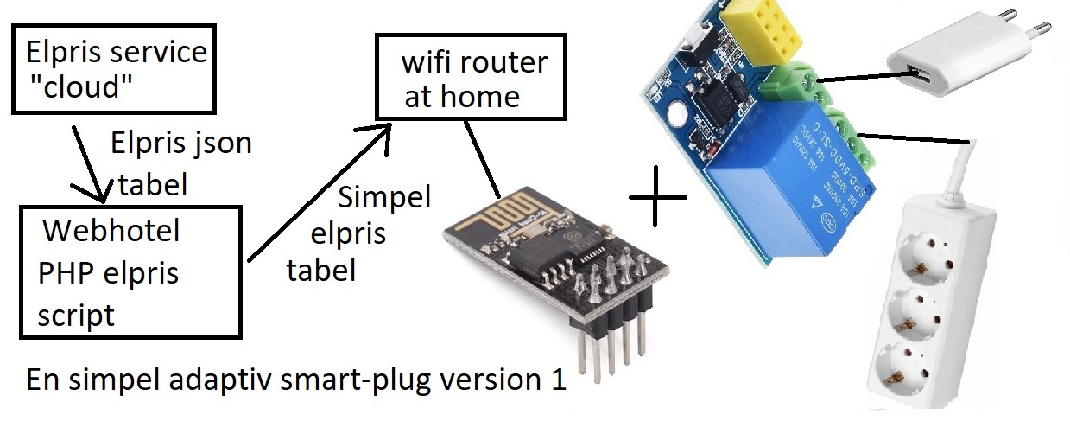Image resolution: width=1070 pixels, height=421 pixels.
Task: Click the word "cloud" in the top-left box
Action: click(x=80, y=86)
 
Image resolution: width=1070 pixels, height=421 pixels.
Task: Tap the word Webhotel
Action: click(x=111, y=231)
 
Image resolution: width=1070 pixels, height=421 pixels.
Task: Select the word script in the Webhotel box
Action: click(x=76, y=316)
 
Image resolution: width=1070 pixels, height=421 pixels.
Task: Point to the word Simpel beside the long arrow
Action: click(x=384, y=198)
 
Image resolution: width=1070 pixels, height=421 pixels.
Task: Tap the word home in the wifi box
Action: click(x=479, y=96)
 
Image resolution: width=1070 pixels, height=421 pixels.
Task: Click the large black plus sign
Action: click(x=657, y=196)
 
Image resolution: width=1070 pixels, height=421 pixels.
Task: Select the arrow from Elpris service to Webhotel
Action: click(x=90, y=163)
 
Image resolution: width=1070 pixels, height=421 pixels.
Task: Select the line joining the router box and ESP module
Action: click(x=483, y=159)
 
